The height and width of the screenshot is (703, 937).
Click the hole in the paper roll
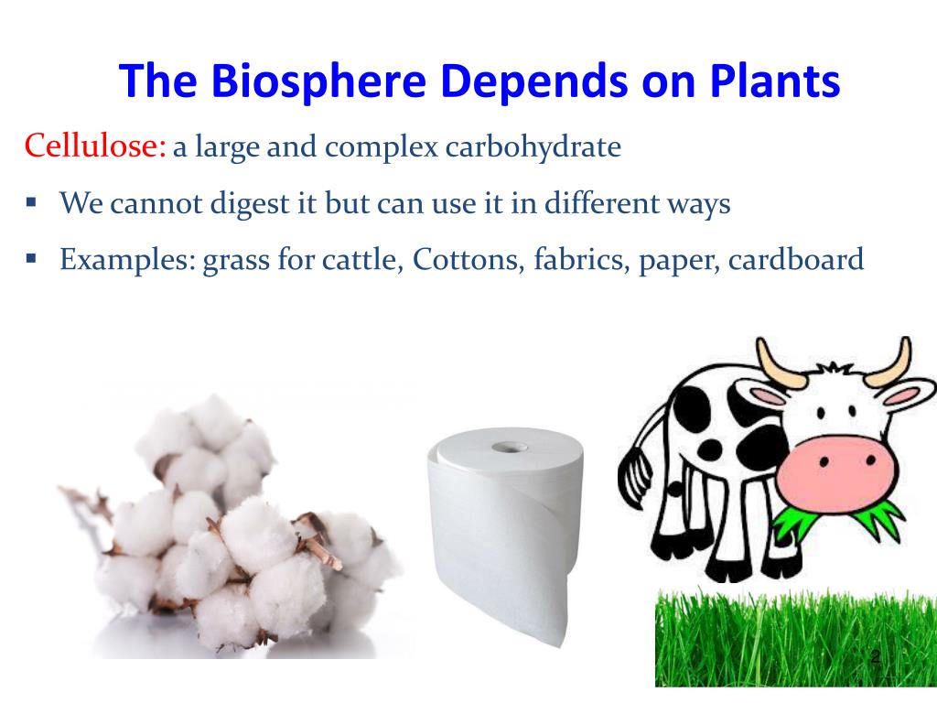click(x=503, y=448)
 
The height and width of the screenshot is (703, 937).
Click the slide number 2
click(x=875, y=657)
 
